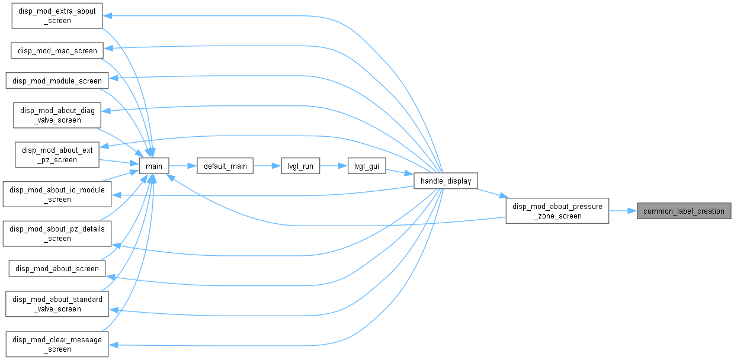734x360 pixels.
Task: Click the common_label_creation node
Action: [684, 211]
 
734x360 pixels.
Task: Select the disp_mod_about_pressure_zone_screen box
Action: [557, 211]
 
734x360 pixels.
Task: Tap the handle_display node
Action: [445, 181]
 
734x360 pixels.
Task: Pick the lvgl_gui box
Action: [367, 166]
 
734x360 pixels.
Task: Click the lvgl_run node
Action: [300, 166]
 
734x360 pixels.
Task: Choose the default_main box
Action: [225, 166]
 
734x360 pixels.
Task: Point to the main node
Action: [154, 166]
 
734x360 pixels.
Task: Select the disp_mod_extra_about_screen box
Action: [57, 16]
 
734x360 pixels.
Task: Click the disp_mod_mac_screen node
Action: [57, 51]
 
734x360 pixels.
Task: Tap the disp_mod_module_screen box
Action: [57, 81]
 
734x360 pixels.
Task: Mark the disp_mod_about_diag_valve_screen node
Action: [57, 115]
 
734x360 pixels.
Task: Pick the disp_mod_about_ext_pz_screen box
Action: [57, 155]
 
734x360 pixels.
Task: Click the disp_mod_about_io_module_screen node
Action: [57, 194]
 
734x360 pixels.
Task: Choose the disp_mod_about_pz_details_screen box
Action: [57, 233]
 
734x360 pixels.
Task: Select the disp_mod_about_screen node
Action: [57, 269]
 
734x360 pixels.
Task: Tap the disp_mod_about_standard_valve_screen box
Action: [57, 304]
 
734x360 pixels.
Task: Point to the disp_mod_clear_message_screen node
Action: [57, 344]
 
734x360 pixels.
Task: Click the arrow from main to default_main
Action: [183, 166]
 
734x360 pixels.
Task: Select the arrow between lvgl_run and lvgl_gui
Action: [334, 166]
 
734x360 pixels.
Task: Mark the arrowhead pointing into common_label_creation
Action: [633, 211]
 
